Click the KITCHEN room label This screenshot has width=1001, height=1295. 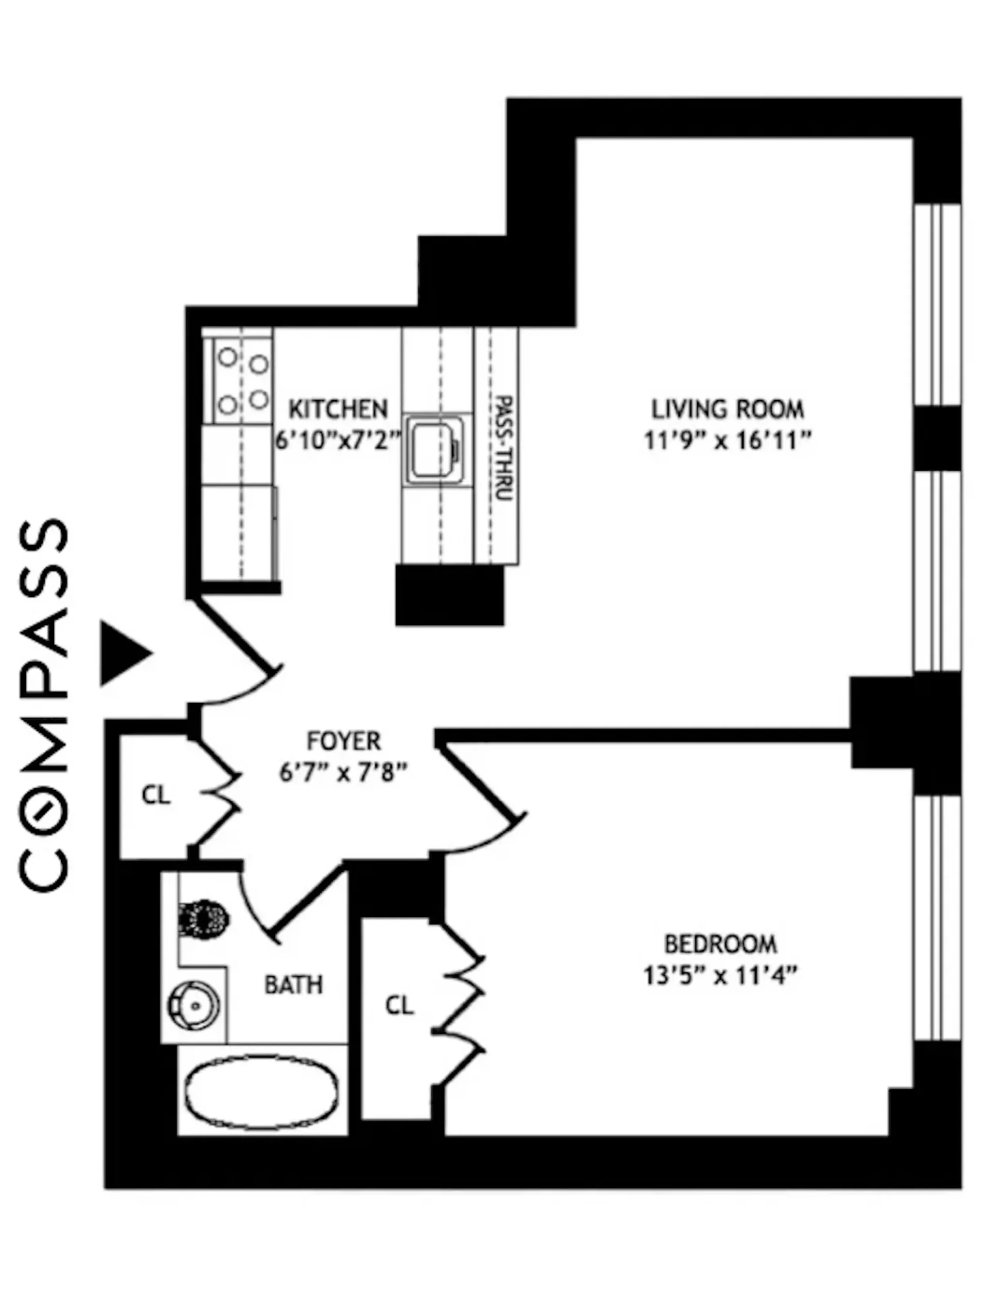(338, 409)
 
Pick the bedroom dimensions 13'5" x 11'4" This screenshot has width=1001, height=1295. (720, 976)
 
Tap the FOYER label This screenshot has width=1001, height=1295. (343, 741)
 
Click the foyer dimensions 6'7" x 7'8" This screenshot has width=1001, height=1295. (343, 773)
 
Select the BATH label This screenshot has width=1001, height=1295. (294, 985)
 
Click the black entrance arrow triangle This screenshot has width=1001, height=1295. (123, 654)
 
